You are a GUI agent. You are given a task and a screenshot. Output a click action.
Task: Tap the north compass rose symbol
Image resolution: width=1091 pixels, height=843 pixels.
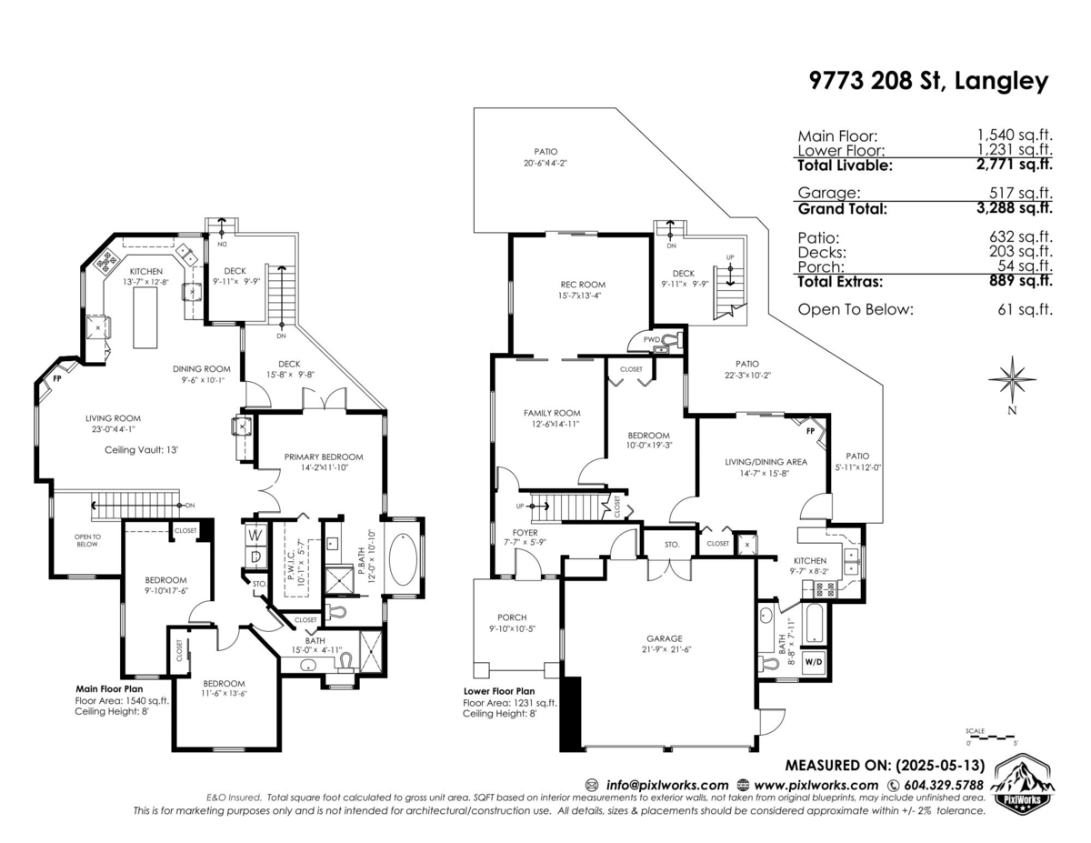click(x=1012, y=378)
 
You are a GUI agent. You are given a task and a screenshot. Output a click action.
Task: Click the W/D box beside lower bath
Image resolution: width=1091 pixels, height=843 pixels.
click(x=813, y=662)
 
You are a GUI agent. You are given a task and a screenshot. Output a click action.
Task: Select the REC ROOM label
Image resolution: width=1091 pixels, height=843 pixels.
click(x=583, y=285)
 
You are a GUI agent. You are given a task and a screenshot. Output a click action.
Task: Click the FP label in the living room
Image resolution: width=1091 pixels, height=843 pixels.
click(x=57, y=376)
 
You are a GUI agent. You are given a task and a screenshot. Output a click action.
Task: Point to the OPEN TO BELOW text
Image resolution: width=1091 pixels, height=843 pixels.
click(x=86, y=540)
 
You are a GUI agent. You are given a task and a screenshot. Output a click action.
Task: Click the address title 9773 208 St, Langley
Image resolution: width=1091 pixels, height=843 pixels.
click(x=928, y=81)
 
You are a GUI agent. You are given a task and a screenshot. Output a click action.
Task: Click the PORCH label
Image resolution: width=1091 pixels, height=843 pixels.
click(x=511, y=617)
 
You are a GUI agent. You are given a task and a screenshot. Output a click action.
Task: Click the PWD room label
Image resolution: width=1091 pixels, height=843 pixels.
click(x=651, y=340)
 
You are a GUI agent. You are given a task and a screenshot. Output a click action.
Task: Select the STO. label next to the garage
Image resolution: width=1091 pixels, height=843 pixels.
click(x=672, y=546)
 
